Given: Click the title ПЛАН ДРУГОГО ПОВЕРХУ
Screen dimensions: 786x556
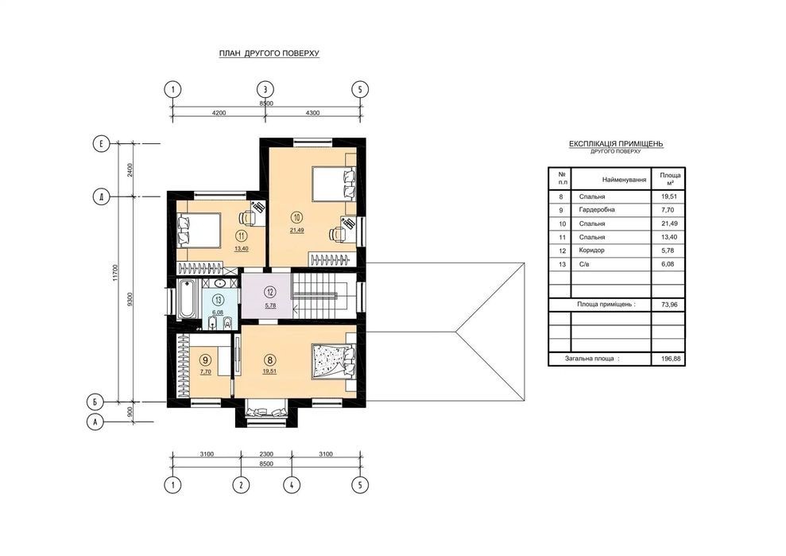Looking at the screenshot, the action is point(269,53).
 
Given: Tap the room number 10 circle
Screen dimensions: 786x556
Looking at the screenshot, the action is point(296,217).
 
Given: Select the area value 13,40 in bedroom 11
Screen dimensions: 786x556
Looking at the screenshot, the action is point(242,248).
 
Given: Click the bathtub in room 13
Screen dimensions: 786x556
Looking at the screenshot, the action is point(187,300).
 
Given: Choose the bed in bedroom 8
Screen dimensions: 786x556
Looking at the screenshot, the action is point(333,361).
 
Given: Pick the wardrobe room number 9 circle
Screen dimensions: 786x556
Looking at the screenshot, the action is point(205,360).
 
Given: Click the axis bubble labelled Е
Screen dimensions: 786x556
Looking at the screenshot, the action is point(101,144).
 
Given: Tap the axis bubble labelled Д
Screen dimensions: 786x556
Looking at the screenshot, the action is point(101,196).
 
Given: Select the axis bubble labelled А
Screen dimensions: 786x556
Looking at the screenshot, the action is point(95,422).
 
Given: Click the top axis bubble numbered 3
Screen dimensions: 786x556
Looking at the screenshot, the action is point(265,90).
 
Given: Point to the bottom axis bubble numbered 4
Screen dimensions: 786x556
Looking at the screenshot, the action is point(292,485).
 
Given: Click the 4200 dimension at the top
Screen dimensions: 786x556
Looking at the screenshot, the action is point(219,113).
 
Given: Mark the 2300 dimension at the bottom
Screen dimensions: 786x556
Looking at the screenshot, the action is point(265,454).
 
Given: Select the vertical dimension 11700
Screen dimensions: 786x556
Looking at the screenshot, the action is point(116,273).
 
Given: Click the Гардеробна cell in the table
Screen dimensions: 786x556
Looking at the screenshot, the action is point(597,210).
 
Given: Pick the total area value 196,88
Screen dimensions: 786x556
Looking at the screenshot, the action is point(668,360).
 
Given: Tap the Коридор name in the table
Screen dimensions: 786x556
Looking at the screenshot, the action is point(591,250).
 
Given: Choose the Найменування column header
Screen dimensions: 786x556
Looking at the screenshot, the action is point(624,179).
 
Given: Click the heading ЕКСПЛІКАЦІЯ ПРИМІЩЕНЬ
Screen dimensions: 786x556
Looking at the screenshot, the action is point(616,144).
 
